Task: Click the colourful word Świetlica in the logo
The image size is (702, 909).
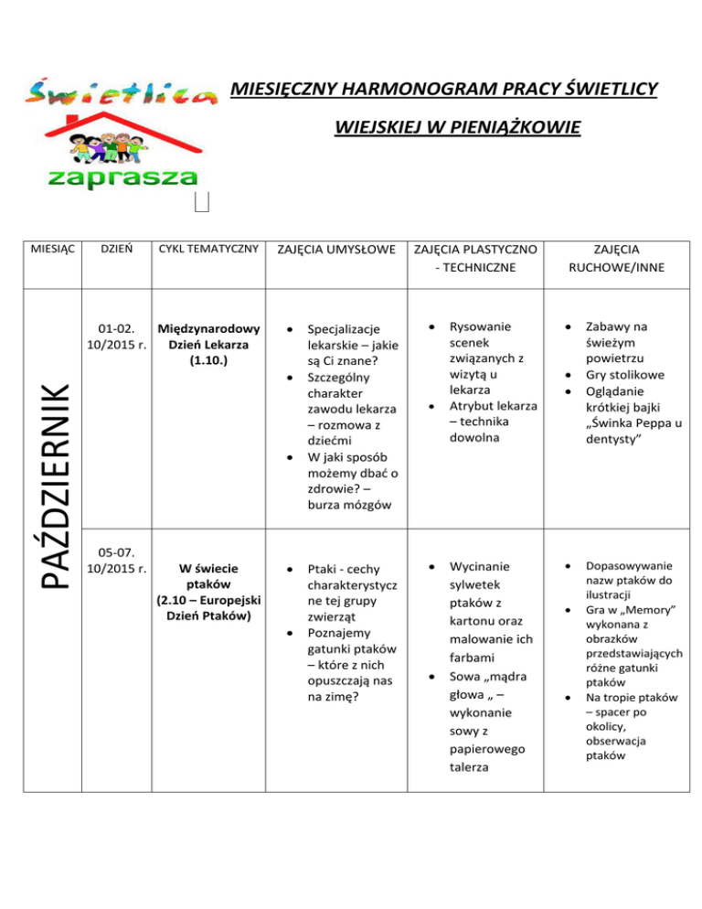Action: [x=120, y=91]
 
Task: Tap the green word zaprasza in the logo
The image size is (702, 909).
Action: [x=120, y=176]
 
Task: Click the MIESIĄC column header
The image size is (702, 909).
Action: [x=53, y=248]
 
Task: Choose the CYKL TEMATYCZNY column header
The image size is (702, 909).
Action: [x=208, y=248]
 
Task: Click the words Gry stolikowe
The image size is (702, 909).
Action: [x=626, y=374]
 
